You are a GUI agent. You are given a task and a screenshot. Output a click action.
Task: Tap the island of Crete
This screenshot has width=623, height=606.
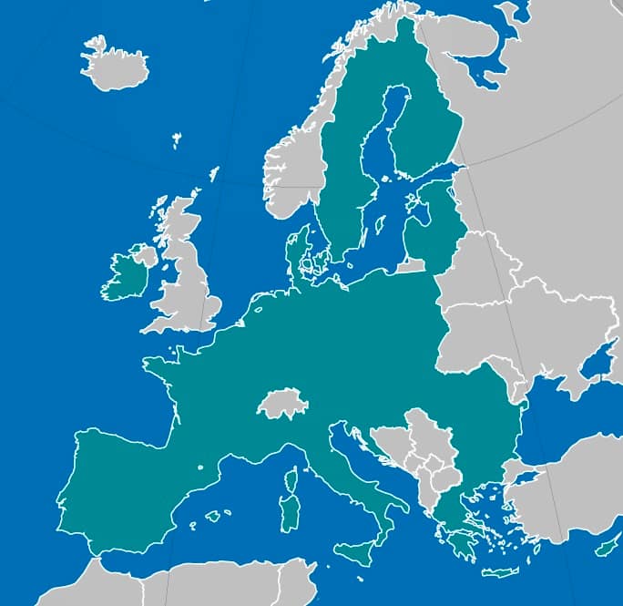(x=499, y=572)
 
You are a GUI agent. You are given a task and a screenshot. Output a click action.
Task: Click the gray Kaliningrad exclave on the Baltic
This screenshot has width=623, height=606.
(x=410, y=266)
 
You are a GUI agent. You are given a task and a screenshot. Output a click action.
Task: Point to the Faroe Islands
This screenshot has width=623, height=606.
(x=177, y=140)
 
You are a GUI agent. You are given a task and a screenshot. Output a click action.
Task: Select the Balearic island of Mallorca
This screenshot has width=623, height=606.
(x=213, y=516)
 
